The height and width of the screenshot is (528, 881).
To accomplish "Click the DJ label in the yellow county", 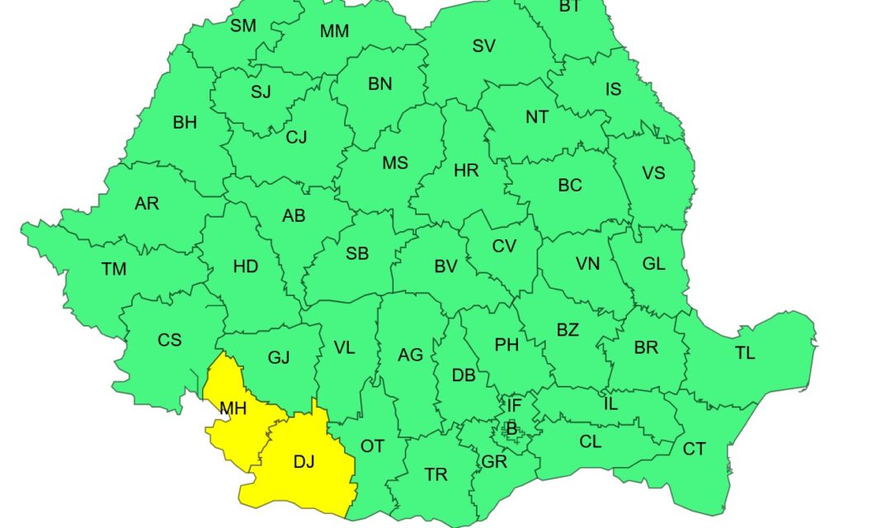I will tap(304, 462).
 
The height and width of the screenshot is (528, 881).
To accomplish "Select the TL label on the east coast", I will tap(745, 353).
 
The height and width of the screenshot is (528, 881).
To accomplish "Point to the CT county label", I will tap(694, 449).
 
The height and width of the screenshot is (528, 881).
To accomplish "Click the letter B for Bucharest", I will tap(511, 428).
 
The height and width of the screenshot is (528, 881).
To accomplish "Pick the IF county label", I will tap(514, 405).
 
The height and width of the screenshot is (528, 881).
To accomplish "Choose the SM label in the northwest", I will tap(243, 26).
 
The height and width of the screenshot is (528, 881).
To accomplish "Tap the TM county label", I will tap(114, 269).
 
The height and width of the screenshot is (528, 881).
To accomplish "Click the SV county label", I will tap(483, 46).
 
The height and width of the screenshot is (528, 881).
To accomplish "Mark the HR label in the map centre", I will tap(466, 171).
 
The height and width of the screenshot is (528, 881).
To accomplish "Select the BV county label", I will tap(445, 266).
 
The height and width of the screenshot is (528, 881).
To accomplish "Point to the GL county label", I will tap(653, 264).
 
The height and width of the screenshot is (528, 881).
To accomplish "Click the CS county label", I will tap(169, 339).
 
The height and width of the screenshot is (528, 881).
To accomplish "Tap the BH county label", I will tap(185, 122).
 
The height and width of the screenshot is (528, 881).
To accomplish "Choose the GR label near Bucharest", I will tap(494, 462).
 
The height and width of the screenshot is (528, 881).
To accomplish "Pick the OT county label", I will tap(372, 445).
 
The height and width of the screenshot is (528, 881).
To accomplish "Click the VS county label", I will tap(653, 173).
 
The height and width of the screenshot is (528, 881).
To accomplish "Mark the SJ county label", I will tap(261, 92).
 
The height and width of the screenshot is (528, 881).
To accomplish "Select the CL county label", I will tap(590, 441).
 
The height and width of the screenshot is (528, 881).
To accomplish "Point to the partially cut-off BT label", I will tap(569, 7).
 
